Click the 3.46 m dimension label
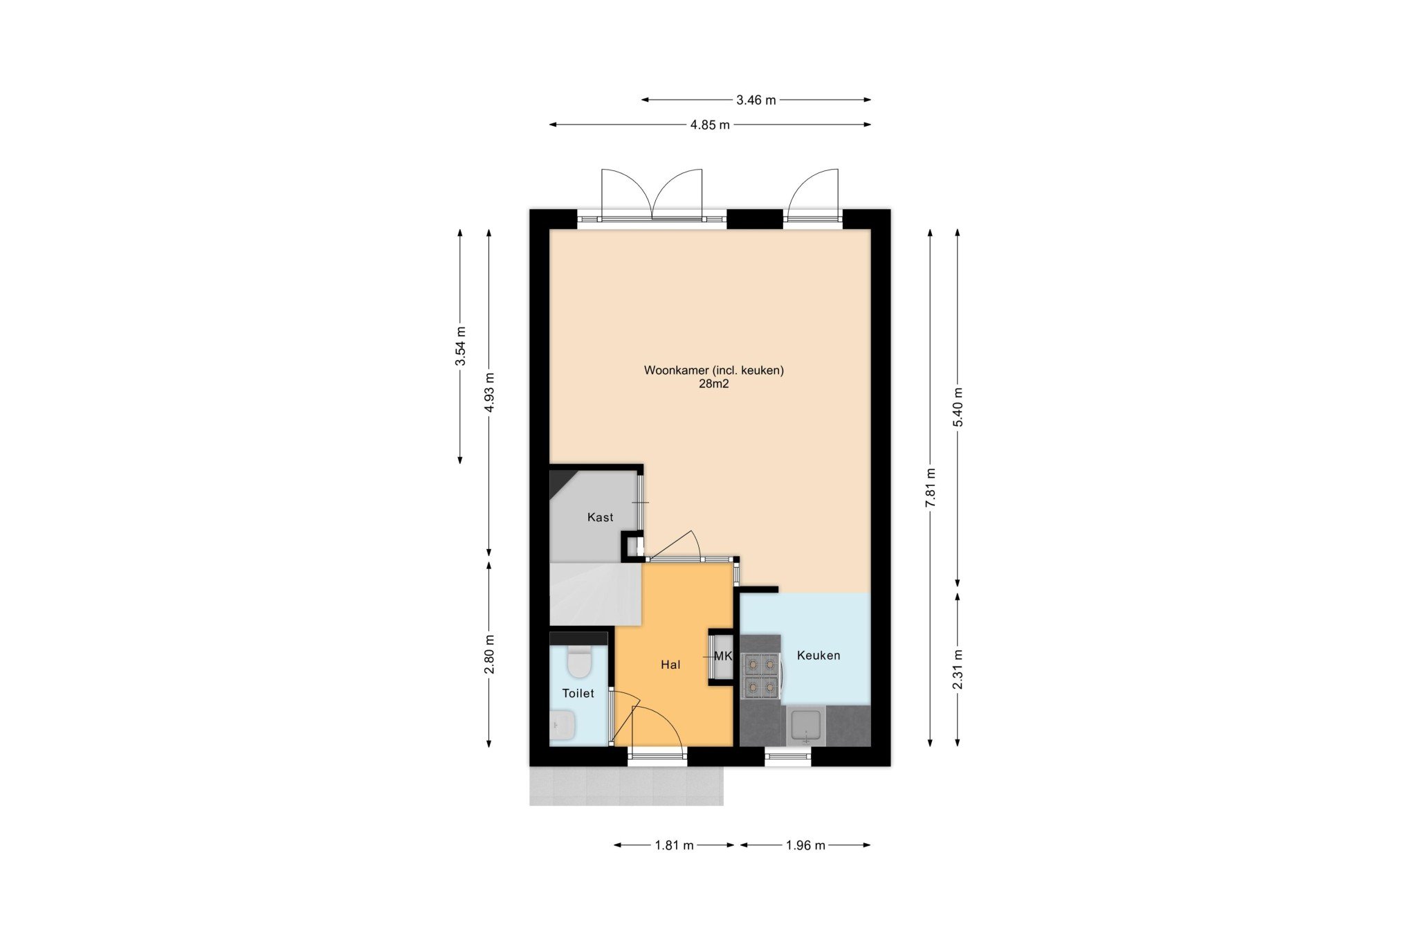(756, 100)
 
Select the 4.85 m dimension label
(710, 125)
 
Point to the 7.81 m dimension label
(931, 487)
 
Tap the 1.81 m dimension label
(674, 845)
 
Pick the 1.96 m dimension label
(805, 845)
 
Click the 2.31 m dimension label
(958, 669)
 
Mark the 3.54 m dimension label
(460, 346)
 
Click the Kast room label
(600, 517)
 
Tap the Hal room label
(670, 665)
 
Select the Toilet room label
(578, 693)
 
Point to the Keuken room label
(819, 655)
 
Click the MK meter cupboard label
(722, 656)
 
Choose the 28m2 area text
(713, 384)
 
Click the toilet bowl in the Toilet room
(578, 661)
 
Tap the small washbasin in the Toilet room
(562, 726)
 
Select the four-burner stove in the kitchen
(761, 676)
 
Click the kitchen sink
(806, 725)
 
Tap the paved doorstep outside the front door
(626, 786)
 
